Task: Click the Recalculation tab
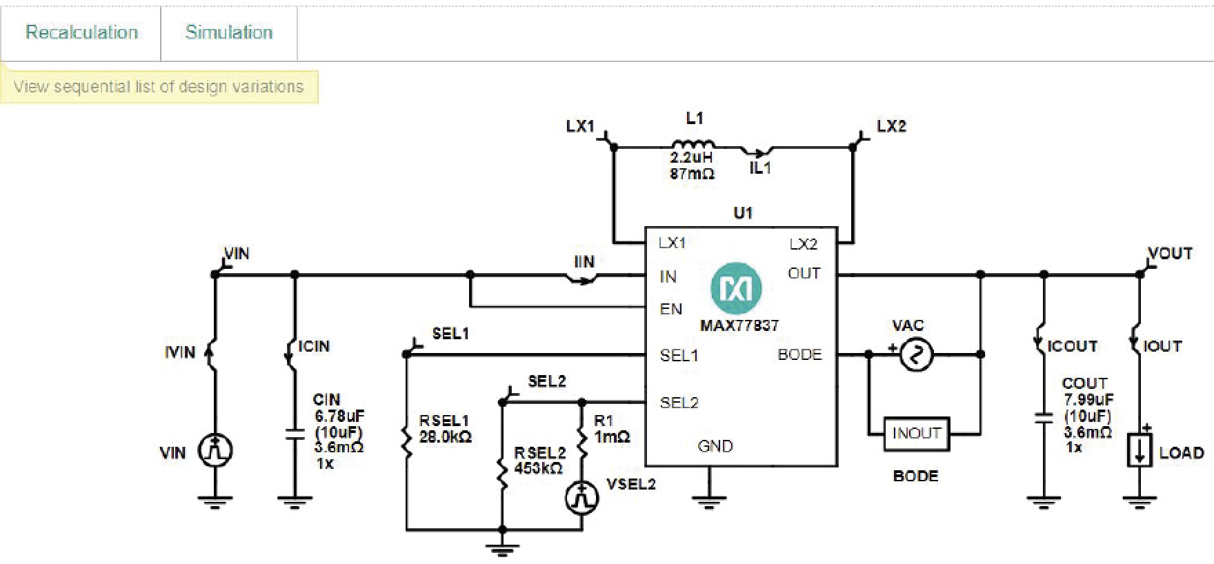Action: coord(81,32)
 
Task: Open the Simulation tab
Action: coord(228,32)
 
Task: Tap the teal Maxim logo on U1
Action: coord(736,288)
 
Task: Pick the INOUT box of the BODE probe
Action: coord(916,434)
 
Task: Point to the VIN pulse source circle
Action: coord(215,451)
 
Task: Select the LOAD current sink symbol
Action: coord(1140,450)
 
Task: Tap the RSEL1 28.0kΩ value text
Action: coord(445,437)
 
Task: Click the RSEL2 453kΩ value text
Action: coord(538,469)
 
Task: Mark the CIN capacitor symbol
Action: coord(295,435)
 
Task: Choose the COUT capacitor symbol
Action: coord(1044,416)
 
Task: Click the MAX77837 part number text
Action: coord(739,325)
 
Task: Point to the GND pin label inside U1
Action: coord(715,446)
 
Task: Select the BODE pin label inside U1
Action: coord(799,354)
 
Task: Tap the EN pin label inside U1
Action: coord(670,308)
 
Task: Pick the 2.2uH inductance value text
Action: coord(690,159)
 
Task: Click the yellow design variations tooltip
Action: coord(159,87)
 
